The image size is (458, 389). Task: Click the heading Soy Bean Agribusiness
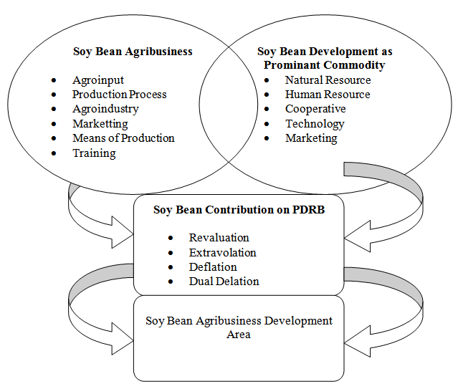point(133,52)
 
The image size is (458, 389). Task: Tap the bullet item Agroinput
point(98,80)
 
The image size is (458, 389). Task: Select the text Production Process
point(120,95)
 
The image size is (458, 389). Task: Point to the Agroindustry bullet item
point(106,109)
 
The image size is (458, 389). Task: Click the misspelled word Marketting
point(100,124)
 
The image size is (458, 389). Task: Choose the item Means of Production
point(123,138)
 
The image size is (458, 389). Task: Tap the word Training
point(94,153)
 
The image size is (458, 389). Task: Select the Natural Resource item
point(328,80)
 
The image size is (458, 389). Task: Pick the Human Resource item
point(328,95)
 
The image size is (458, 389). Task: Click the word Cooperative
point(315,109)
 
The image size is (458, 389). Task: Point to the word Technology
point(315,124)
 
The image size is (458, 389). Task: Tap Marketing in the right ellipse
point(311,138)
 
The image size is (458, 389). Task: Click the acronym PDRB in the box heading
point(308,210)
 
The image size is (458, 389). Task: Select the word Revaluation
point(219,238)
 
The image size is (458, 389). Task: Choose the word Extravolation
point(223,253)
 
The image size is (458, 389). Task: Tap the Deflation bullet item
point(213,267)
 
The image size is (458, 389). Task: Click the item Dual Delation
point(224,282)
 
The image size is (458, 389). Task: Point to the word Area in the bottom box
point(239,335)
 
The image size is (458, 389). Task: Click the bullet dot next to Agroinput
point(54,80)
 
